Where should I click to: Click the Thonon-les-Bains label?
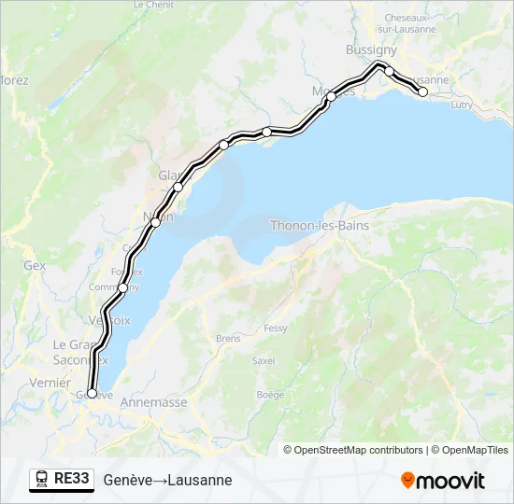[x=320, y=226]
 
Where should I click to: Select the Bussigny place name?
[x=371, y=49]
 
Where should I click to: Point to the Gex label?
[x=35, y=265]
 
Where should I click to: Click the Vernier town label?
[x=49, y=383]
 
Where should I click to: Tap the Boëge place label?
[x=270, y=395]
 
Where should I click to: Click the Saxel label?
[x=264, y=361]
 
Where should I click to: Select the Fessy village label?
[x=276, y=329]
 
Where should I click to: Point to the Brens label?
[x=228, y=338]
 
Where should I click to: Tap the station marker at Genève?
[x=92, y=394]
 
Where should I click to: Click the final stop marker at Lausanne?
[x=422, y=91]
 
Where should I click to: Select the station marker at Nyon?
[x=155, y=222]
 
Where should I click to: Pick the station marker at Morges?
[x=331, y=96]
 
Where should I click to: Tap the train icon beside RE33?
[x=42, y=479]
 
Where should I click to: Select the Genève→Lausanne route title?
[x=167, y=480]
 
